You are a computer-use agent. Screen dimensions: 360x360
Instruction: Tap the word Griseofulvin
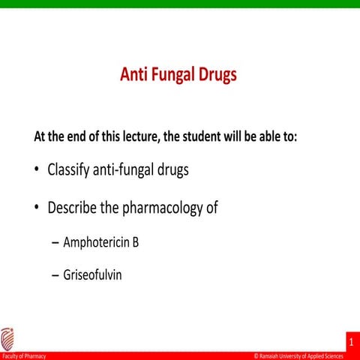(92, 275)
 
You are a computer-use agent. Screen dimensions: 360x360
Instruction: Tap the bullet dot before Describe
(37, 208)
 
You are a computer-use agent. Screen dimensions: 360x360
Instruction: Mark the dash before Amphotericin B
(55, 245)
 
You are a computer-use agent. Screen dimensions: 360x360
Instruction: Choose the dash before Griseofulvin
(55, 276)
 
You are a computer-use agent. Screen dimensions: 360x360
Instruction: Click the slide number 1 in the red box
(351, 341)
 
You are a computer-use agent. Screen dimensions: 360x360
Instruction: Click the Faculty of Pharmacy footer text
(24, 356)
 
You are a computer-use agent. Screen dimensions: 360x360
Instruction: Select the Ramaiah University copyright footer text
(304, 356)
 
